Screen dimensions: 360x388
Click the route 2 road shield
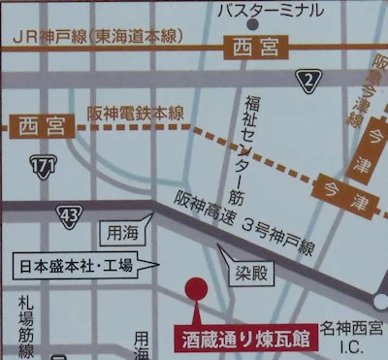309,80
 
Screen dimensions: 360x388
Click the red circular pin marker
195,288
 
